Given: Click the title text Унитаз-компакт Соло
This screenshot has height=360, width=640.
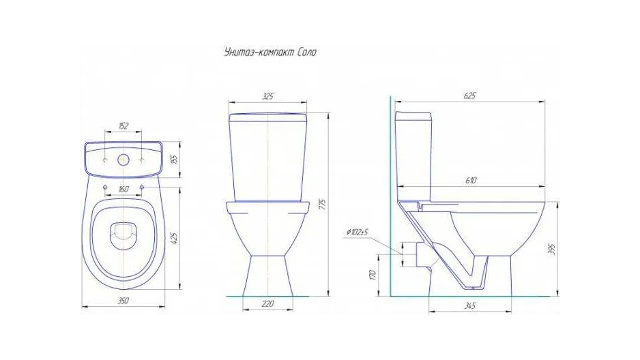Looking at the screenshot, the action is [270, 52].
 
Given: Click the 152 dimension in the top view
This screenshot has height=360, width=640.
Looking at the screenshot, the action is [123, 125].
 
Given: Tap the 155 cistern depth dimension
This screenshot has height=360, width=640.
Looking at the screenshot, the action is [174, 159].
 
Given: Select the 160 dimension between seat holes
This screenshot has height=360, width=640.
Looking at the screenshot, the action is [123, 189].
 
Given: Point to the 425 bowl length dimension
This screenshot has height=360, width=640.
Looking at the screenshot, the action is [174, 238].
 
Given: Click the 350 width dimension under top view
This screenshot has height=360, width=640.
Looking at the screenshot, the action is [123, 301].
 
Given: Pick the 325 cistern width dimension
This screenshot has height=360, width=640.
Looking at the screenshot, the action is [267, 96].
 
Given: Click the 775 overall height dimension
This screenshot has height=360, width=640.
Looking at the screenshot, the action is [323, 205].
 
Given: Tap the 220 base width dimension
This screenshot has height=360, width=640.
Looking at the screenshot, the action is [267, 303].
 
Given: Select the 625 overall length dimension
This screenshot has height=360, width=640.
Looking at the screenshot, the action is [470, 96].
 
